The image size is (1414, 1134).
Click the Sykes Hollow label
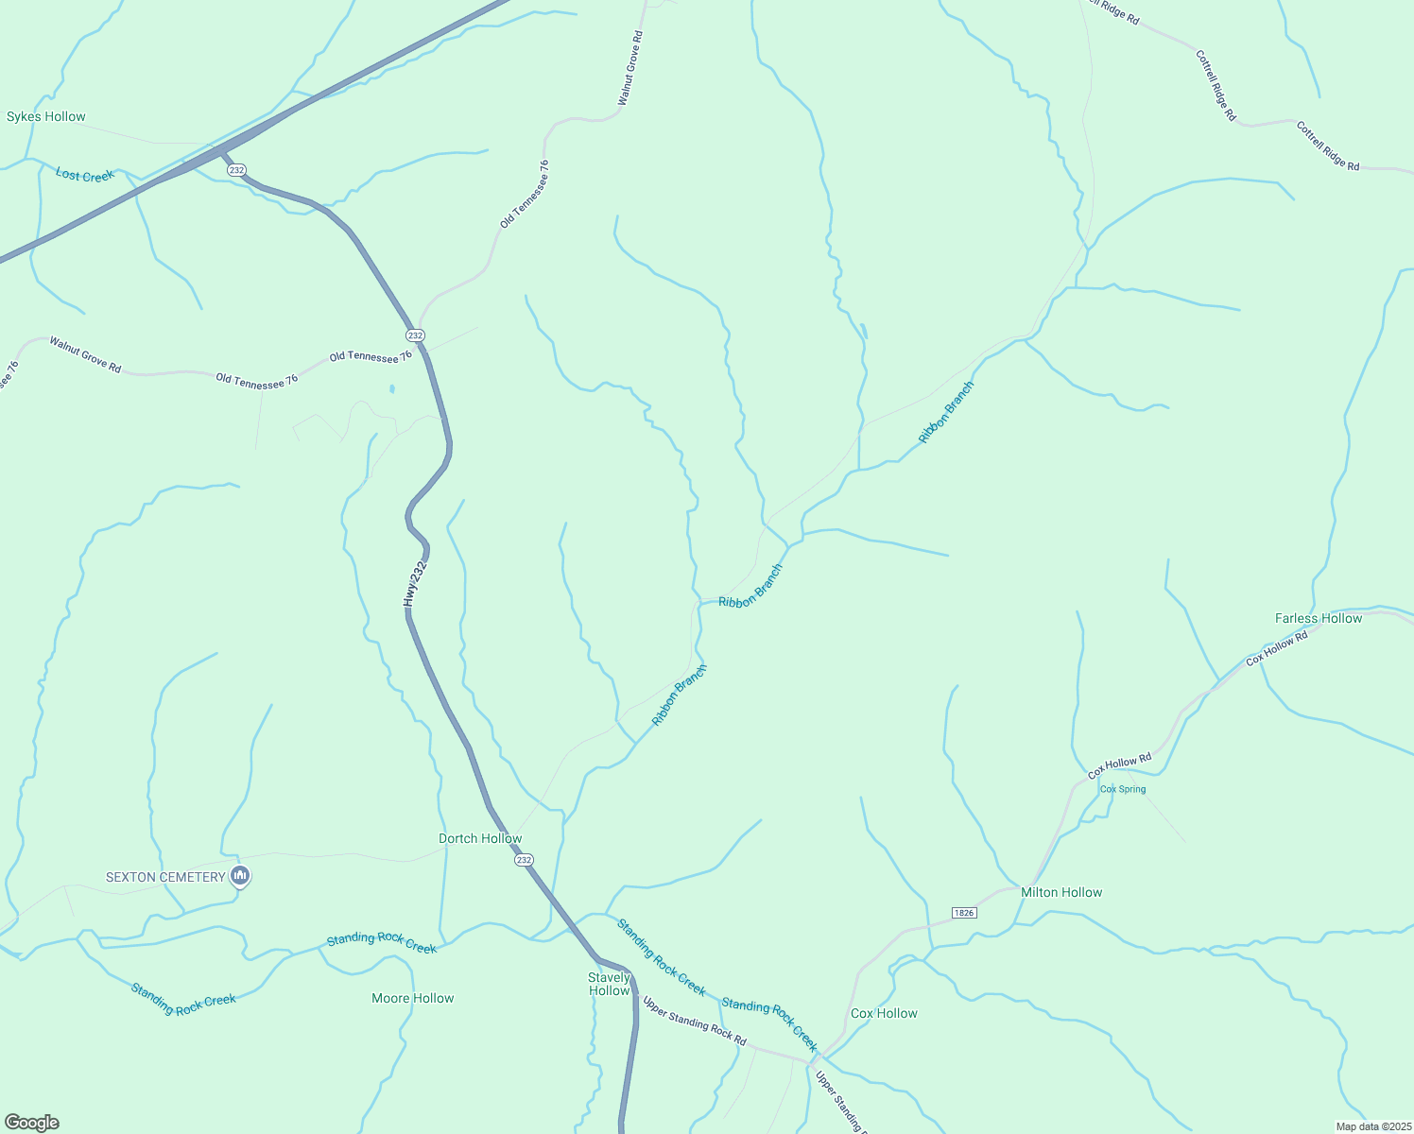point(46,117)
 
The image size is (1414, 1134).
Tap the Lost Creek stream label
point(85,175)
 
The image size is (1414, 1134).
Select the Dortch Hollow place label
point(480,838)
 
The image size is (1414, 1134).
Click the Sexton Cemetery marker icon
point(240,877)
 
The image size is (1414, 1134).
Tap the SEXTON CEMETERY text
point(165,877)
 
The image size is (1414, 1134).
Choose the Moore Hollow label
point(413,998)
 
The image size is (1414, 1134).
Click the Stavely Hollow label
point(609,984)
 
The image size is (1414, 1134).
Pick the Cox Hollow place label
point(884,1013)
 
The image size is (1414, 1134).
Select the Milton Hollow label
point(1061,892)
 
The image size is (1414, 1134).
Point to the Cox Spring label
point(1123,789)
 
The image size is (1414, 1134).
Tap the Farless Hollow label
point(1319,618)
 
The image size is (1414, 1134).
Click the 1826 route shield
point(964,913)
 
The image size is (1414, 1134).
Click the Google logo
point(32,1123)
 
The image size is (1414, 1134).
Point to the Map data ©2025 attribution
point(1373,1126)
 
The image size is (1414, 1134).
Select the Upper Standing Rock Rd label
point(695,1021)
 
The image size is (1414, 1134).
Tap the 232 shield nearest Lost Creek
point(236,170)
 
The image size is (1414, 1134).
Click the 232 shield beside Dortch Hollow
point(525,860)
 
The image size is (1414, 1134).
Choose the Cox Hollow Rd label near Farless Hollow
point(1277,648)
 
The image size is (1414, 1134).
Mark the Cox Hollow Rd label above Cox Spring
point(1120,765)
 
